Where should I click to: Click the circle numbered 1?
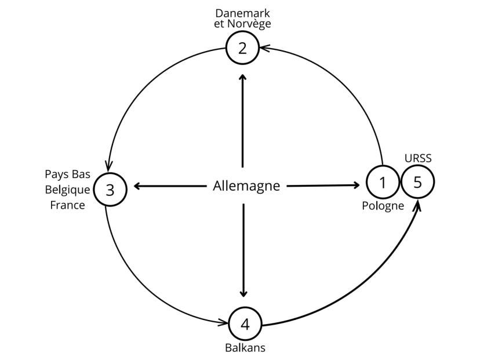pos(383,182)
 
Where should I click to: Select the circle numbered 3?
pos(109,189)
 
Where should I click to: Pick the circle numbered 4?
pos(245,323)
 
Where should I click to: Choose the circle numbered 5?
pos(417,182)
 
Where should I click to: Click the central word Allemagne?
pos(246,186)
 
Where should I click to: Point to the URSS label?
pos(417,158)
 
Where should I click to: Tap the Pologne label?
pos(383,206)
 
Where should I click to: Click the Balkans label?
pos(245,348)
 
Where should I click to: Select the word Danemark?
pos(242,13)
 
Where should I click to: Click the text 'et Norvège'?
pos(242,24)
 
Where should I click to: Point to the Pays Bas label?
pos(67,174)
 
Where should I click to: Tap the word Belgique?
pos(67,190)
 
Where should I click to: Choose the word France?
pos(67,205)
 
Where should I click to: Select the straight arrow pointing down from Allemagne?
pos(243,249)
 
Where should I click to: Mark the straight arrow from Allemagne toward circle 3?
pos(171,186)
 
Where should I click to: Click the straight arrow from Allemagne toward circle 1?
pos(323,186)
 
